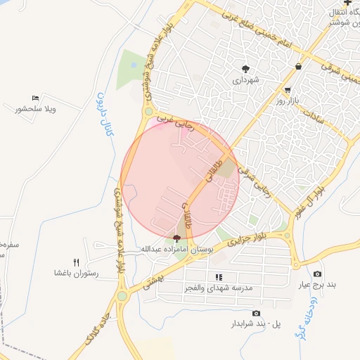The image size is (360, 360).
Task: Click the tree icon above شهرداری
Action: click(245, 68)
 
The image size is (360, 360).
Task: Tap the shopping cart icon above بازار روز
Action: click(288, 90)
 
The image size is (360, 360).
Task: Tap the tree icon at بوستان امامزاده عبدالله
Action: click(176, 238)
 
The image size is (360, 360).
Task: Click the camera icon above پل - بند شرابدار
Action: click(255, 313)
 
